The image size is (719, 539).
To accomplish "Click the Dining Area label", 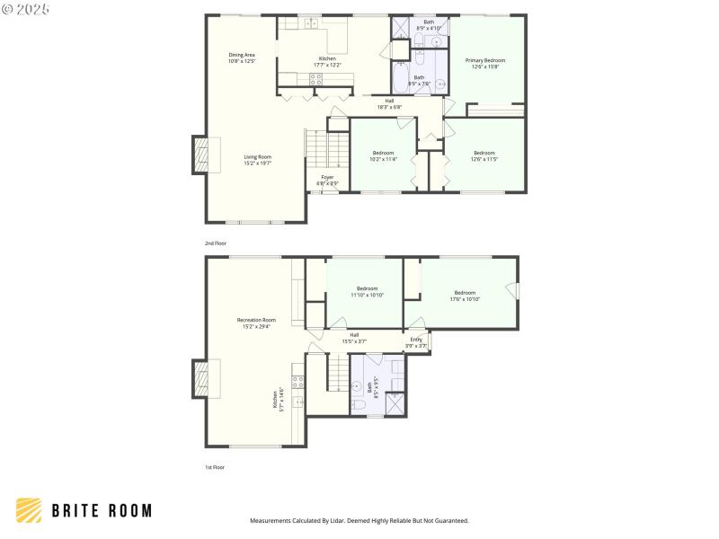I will coord(242,57).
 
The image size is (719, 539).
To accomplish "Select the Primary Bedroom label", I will coord(484,63).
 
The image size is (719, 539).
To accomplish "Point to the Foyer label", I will coord(327,180).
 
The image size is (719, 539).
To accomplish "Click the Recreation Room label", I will coord(256,323).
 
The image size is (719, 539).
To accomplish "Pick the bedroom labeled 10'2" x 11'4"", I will coord(383,155).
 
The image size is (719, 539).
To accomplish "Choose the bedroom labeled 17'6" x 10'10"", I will coord(465,296).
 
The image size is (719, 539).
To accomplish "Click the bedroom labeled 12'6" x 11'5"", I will coord(484,155).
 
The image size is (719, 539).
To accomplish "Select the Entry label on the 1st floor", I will coord(416,341).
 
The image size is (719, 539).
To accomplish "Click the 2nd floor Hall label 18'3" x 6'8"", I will coord(389,103).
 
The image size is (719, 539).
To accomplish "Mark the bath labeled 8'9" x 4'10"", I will coord(429,24).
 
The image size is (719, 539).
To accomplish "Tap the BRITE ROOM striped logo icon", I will coord(29,510).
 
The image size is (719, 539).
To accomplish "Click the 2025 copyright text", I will coord(26,8).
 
